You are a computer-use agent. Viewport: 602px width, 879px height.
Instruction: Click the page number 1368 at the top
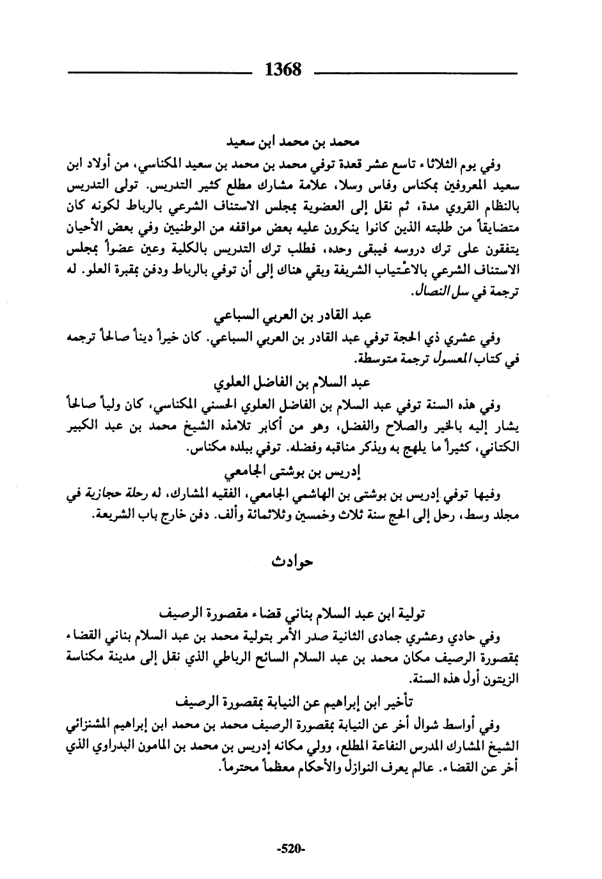coord(283,69)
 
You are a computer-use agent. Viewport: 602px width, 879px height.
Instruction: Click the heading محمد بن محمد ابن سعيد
coord(292,139)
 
